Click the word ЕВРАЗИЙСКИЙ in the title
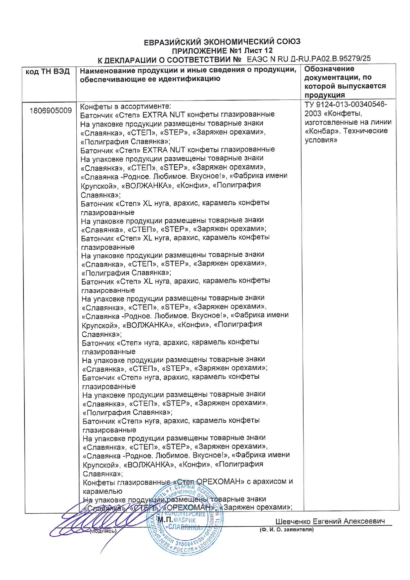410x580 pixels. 172,42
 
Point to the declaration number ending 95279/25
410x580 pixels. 309,59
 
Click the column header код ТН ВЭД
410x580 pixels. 48,72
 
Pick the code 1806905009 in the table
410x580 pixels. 50,110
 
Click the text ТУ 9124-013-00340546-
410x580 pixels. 346,104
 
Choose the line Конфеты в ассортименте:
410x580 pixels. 126,106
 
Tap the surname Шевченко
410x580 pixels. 293,521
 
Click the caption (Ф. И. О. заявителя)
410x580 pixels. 287,530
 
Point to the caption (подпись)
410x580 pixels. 103,531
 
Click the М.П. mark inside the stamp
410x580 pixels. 164,519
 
